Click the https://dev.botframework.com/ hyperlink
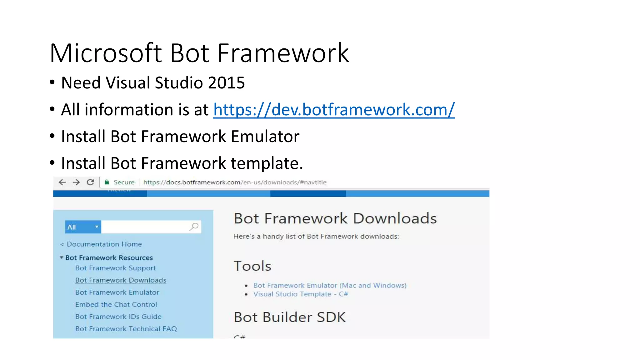(334, 110)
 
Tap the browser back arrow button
(62, 182)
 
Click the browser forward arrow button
(76, 182)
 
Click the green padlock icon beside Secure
(107, 182)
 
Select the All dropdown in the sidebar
(83, 227)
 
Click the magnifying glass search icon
(194, 227)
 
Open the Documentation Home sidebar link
(104, 244)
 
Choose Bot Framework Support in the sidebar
(115, 268)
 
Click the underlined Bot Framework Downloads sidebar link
(121, 280)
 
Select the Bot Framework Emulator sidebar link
(117, 292)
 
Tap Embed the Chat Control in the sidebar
(116, 305)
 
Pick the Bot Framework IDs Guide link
(118, 317)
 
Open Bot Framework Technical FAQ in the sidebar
(126, 329)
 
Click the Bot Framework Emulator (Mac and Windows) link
(330, 285)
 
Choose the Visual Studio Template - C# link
(300, 294)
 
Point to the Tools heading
(252, 266)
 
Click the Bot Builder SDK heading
(290, 317)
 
